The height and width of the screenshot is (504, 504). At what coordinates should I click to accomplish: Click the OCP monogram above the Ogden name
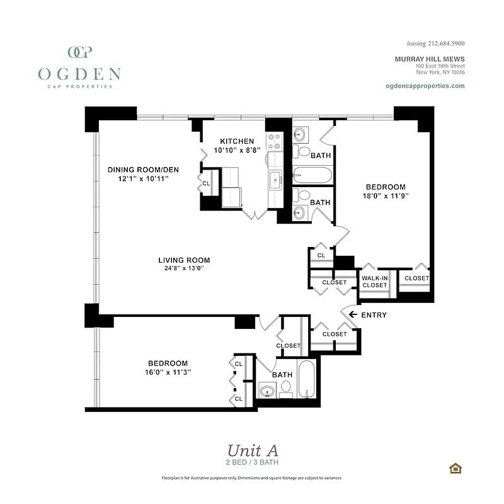(x=79, y=52)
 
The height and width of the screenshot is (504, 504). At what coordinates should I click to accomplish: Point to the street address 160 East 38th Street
(x=440, y=66)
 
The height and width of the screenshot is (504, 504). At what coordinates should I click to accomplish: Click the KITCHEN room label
(x=237, y=141)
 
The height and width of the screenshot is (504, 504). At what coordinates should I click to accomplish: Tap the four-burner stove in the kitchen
(x=275, y=141)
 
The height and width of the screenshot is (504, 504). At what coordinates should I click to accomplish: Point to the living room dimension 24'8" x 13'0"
(x=183, y=268)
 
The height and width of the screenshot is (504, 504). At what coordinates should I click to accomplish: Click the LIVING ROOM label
(x=184, y=260)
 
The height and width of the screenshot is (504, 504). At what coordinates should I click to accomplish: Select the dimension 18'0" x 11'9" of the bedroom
(x=386, y=196)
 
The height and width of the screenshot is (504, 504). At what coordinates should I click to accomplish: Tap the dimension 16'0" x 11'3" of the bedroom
(x=168, y=372)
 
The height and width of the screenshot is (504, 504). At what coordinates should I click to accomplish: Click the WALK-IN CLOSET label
(x=374, y=281)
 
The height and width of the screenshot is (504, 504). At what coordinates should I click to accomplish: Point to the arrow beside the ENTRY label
(x=353, y=314)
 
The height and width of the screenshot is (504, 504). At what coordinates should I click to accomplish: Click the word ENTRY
(x=375, y=315)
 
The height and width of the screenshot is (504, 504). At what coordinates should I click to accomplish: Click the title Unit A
(x=252, y=450)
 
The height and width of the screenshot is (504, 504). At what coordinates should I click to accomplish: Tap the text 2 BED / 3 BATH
(x=252, y=462)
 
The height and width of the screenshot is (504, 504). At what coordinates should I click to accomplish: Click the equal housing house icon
(x=454, y=467)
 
